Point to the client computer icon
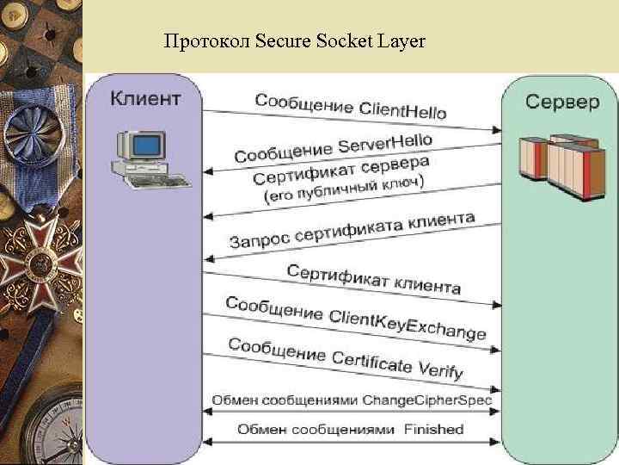(x=146, y=157)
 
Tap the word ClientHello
(x=402, y=110)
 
